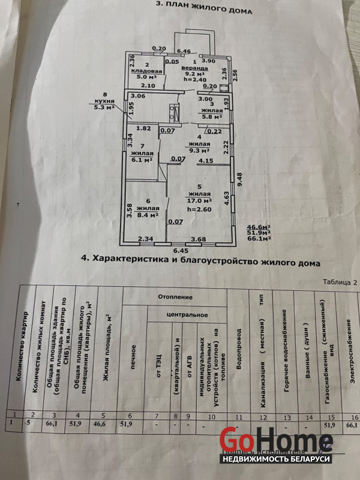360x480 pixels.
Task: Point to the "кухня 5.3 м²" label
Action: click(x=107, y=104)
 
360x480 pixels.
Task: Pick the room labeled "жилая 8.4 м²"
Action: click(x=146, y=211)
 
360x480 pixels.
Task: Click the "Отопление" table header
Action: click(x=175, y=296)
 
